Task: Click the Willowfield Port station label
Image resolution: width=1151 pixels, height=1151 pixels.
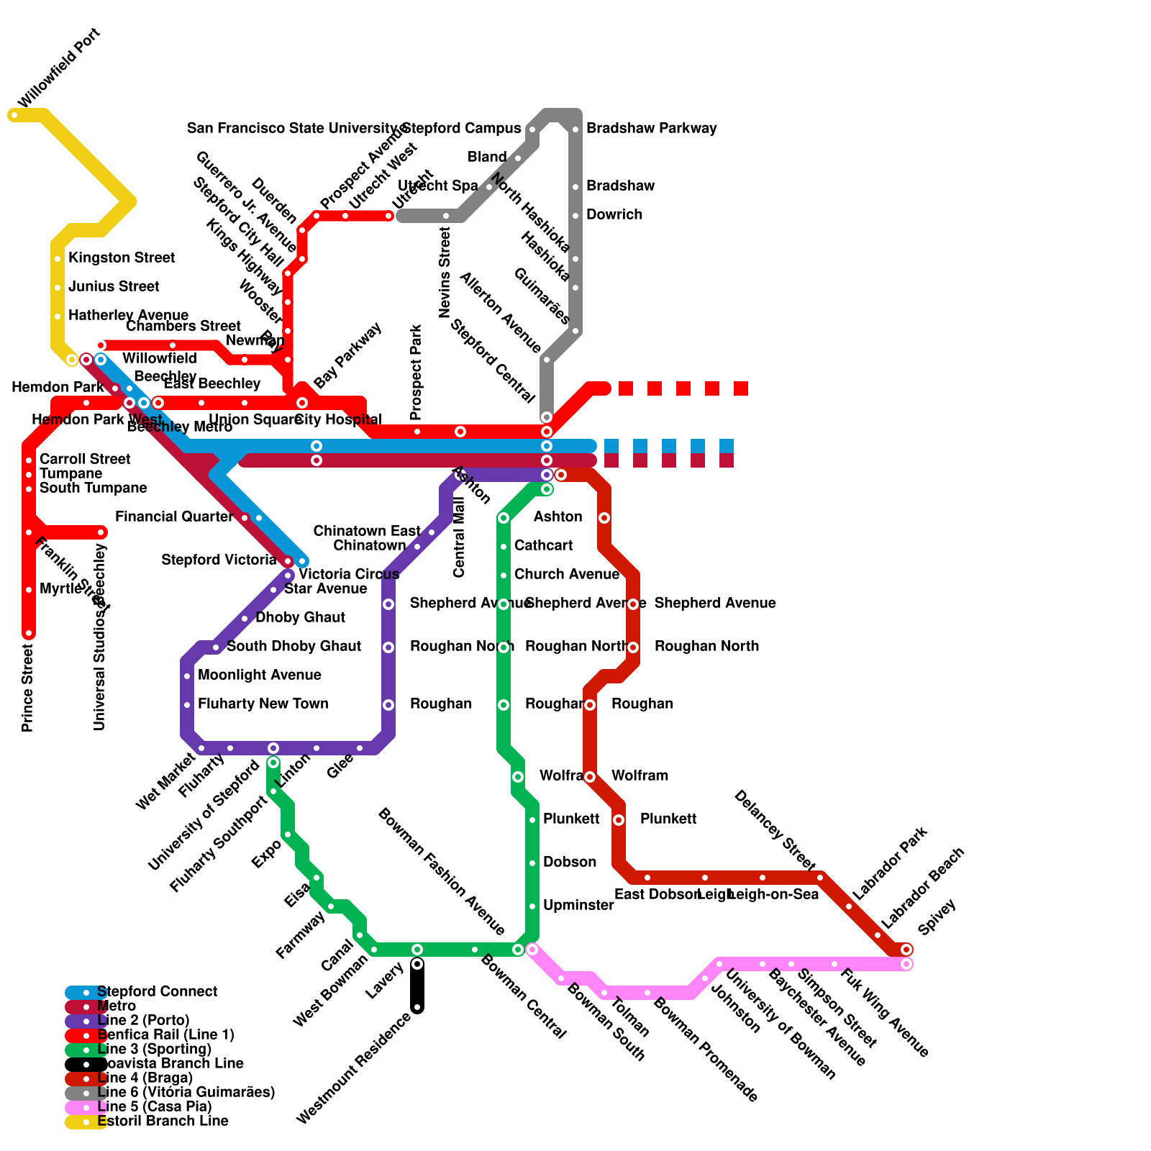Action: click(x=59, y=68)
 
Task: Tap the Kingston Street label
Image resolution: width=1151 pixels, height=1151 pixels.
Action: click(x=121, y=258)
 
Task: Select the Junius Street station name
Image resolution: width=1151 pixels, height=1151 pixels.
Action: click(x=114, y=286)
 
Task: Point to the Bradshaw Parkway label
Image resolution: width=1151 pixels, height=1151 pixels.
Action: click(x=651, y=128)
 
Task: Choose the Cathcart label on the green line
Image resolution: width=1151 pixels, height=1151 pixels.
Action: click(x=543, y=545)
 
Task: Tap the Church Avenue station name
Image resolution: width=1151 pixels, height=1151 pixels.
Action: click(x=566, y=574)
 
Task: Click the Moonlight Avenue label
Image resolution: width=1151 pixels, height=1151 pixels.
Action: click(x=259, y=675)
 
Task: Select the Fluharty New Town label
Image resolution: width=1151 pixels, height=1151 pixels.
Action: click(x=263, y=704)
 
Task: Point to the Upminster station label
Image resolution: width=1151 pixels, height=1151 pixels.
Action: click(x=578, y=905)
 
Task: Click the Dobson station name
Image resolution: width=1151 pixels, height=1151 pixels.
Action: click(x=570, y=862)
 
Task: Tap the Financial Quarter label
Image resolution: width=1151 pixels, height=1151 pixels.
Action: click(x=173, y=517)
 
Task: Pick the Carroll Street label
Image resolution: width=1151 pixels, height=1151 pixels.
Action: click(x=85, y=459)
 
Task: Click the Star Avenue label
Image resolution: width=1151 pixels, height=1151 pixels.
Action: click(x=325, y=588)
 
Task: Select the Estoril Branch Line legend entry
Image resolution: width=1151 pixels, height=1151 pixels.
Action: click(x=163, y=1121)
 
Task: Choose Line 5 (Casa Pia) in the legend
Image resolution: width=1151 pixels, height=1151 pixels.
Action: click(x=154, y=1106)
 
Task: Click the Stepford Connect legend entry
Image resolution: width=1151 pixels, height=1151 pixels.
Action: click(x=157, y=991)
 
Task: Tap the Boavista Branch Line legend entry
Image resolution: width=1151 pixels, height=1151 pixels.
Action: click(x=170, y=1063)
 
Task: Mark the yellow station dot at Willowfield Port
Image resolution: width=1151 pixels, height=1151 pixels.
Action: click(x=14, y=115)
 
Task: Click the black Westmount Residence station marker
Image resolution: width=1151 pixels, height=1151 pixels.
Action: click(x=417, y=1007)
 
